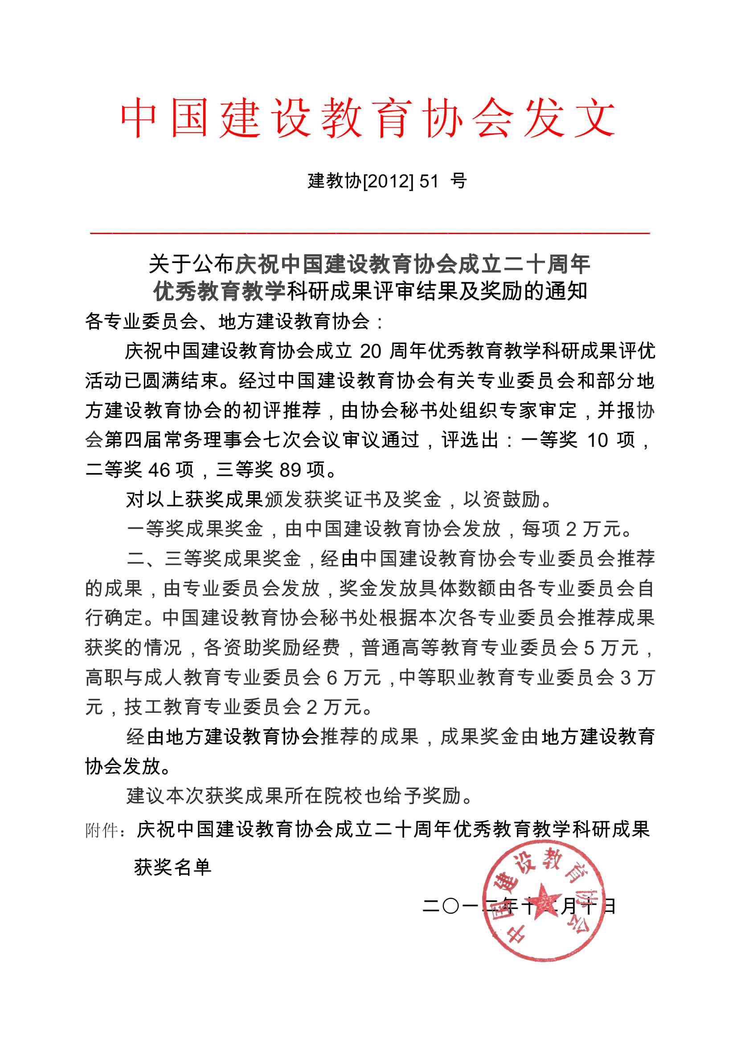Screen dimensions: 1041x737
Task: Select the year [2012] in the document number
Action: pos(389,181)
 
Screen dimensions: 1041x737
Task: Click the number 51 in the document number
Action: pos(428,181)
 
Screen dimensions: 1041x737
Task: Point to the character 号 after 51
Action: pos(459,181)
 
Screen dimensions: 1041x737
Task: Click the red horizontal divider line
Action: pos(370,233)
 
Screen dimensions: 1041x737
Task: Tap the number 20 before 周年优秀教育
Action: pos(370,351)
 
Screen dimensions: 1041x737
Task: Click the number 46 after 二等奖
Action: pos(159,470)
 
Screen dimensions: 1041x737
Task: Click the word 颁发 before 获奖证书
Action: pos(283,500)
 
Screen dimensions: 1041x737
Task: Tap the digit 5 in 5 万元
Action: pos(589,648)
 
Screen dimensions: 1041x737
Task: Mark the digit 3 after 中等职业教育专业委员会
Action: pos(626,678)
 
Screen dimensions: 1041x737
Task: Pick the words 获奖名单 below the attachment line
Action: pos(173,867)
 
